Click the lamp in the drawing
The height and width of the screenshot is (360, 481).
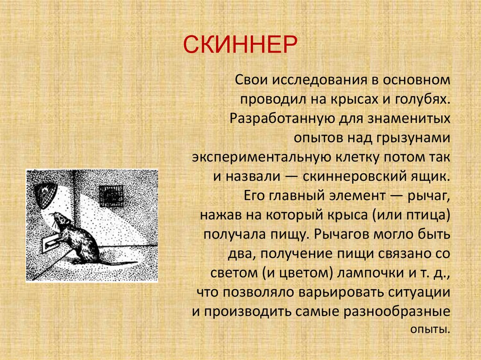[x=46, y=194]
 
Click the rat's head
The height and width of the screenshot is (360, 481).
[x=59, y=219]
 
